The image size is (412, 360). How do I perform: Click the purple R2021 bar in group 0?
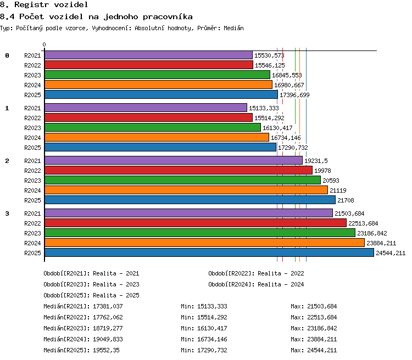point(148,55)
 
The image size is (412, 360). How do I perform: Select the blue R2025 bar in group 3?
point(209,252)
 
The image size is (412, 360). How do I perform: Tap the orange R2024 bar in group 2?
point(186,190)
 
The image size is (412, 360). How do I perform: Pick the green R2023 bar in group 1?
point(153,128)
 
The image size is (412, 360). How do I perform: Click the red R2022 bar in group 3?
point(196,223)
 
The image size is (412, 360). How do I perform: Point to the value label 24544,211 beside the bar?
point(391,253)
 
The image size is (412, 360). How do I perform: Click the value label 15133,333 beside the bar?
point(264,108)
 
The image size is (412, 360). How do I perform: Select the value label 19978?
point(322,171)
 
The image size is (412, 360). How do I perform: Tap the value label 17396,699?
point(294,95)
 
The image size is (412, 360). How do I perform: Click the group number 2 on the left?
point(7,161)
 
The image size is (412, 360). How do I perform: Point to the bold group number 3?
point(7,213)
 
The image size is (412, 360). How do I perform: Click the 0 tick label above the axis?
point(44,44)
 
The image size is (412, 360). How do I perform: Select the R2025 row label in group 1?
point(32,148)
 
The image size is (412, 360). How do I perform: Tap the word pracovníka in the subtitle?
point(168,17)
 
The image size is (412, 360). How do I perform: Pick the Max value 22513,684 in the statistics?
point(322,317)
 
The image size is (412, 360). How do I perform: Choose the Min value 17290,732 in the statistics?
point(212,350)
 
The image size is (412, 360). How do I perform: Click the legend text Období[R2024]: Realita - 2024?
point(256,284)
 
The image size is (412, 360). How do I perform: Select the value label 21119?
point(338,190)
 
